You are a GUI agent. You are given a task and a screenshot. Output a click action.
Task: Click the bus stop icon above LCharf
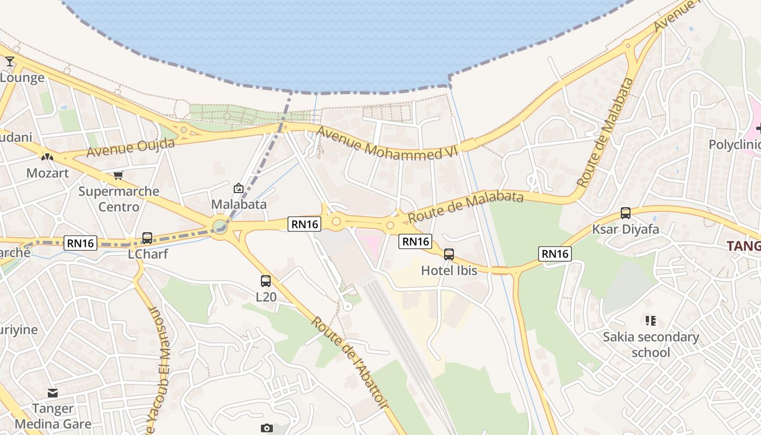click(x=147, y=238)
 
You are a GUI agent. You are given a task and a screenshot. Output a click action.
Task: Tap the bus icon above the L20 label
click(x=266, y=281)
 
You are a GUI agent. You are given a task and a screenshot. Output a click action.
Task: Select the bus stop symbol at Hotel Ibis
click(x=449, y=254)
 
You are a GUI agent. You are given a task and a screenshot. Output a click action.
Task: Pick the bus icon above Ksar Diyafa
click(x=626, y=213)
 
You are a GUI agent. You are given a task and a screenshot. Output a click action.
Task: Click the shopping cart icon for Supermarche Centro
click(x=118, y=175)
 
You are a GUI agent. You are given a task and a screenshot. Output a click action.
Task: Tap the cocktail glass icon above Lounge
click(x=10, y=61)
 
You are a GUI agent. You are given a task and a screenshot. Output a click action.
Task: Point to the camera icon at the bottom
click(x=266, y=428)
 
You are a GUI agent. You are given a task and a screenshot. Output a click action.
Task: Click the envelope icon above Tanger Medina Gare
click(x=53, y=393)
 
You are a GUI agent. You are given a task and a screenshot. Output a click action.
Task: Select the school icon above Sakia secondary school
click(x=651, y=321)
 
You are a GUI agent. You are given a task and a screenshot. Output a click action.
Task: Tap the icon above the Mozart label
click(x=48, y=157)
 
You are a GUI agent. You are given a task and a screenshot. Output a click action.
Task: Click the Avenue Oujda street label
click(x=130, y=147)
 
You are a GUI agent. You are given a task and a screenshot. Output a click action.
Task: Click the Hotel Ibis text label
click(x=449, y=270)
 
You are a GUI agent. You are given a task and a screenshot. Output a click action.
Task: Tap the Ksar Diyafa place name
click(x=625, y=229)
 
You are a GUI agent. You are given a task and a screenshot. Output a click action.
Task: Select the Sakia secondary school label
click(x=651, y=345)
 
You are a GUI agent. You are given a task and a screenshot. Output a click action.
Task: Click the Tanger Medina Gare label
click(x=53, y=416)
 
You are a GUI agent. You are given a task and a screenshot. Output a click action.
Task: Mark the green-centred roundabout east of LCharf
click(x=220, y=226)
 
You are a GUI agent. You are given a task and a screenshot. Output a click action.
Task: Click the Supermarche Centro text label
click(x=118, y=199)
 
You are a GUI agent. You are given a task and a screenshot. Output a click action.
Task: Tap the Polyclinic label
click(x=734, y=145)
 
